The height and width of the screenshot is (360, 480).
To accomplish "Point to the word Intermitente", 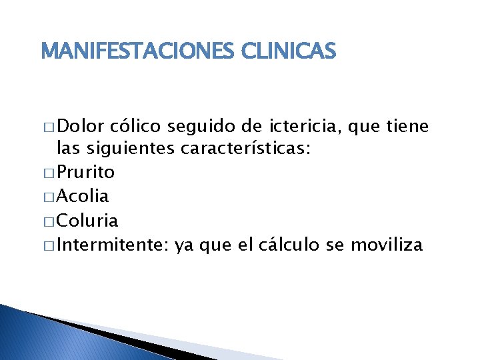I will pyautogui.click(x=113, y=245).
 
